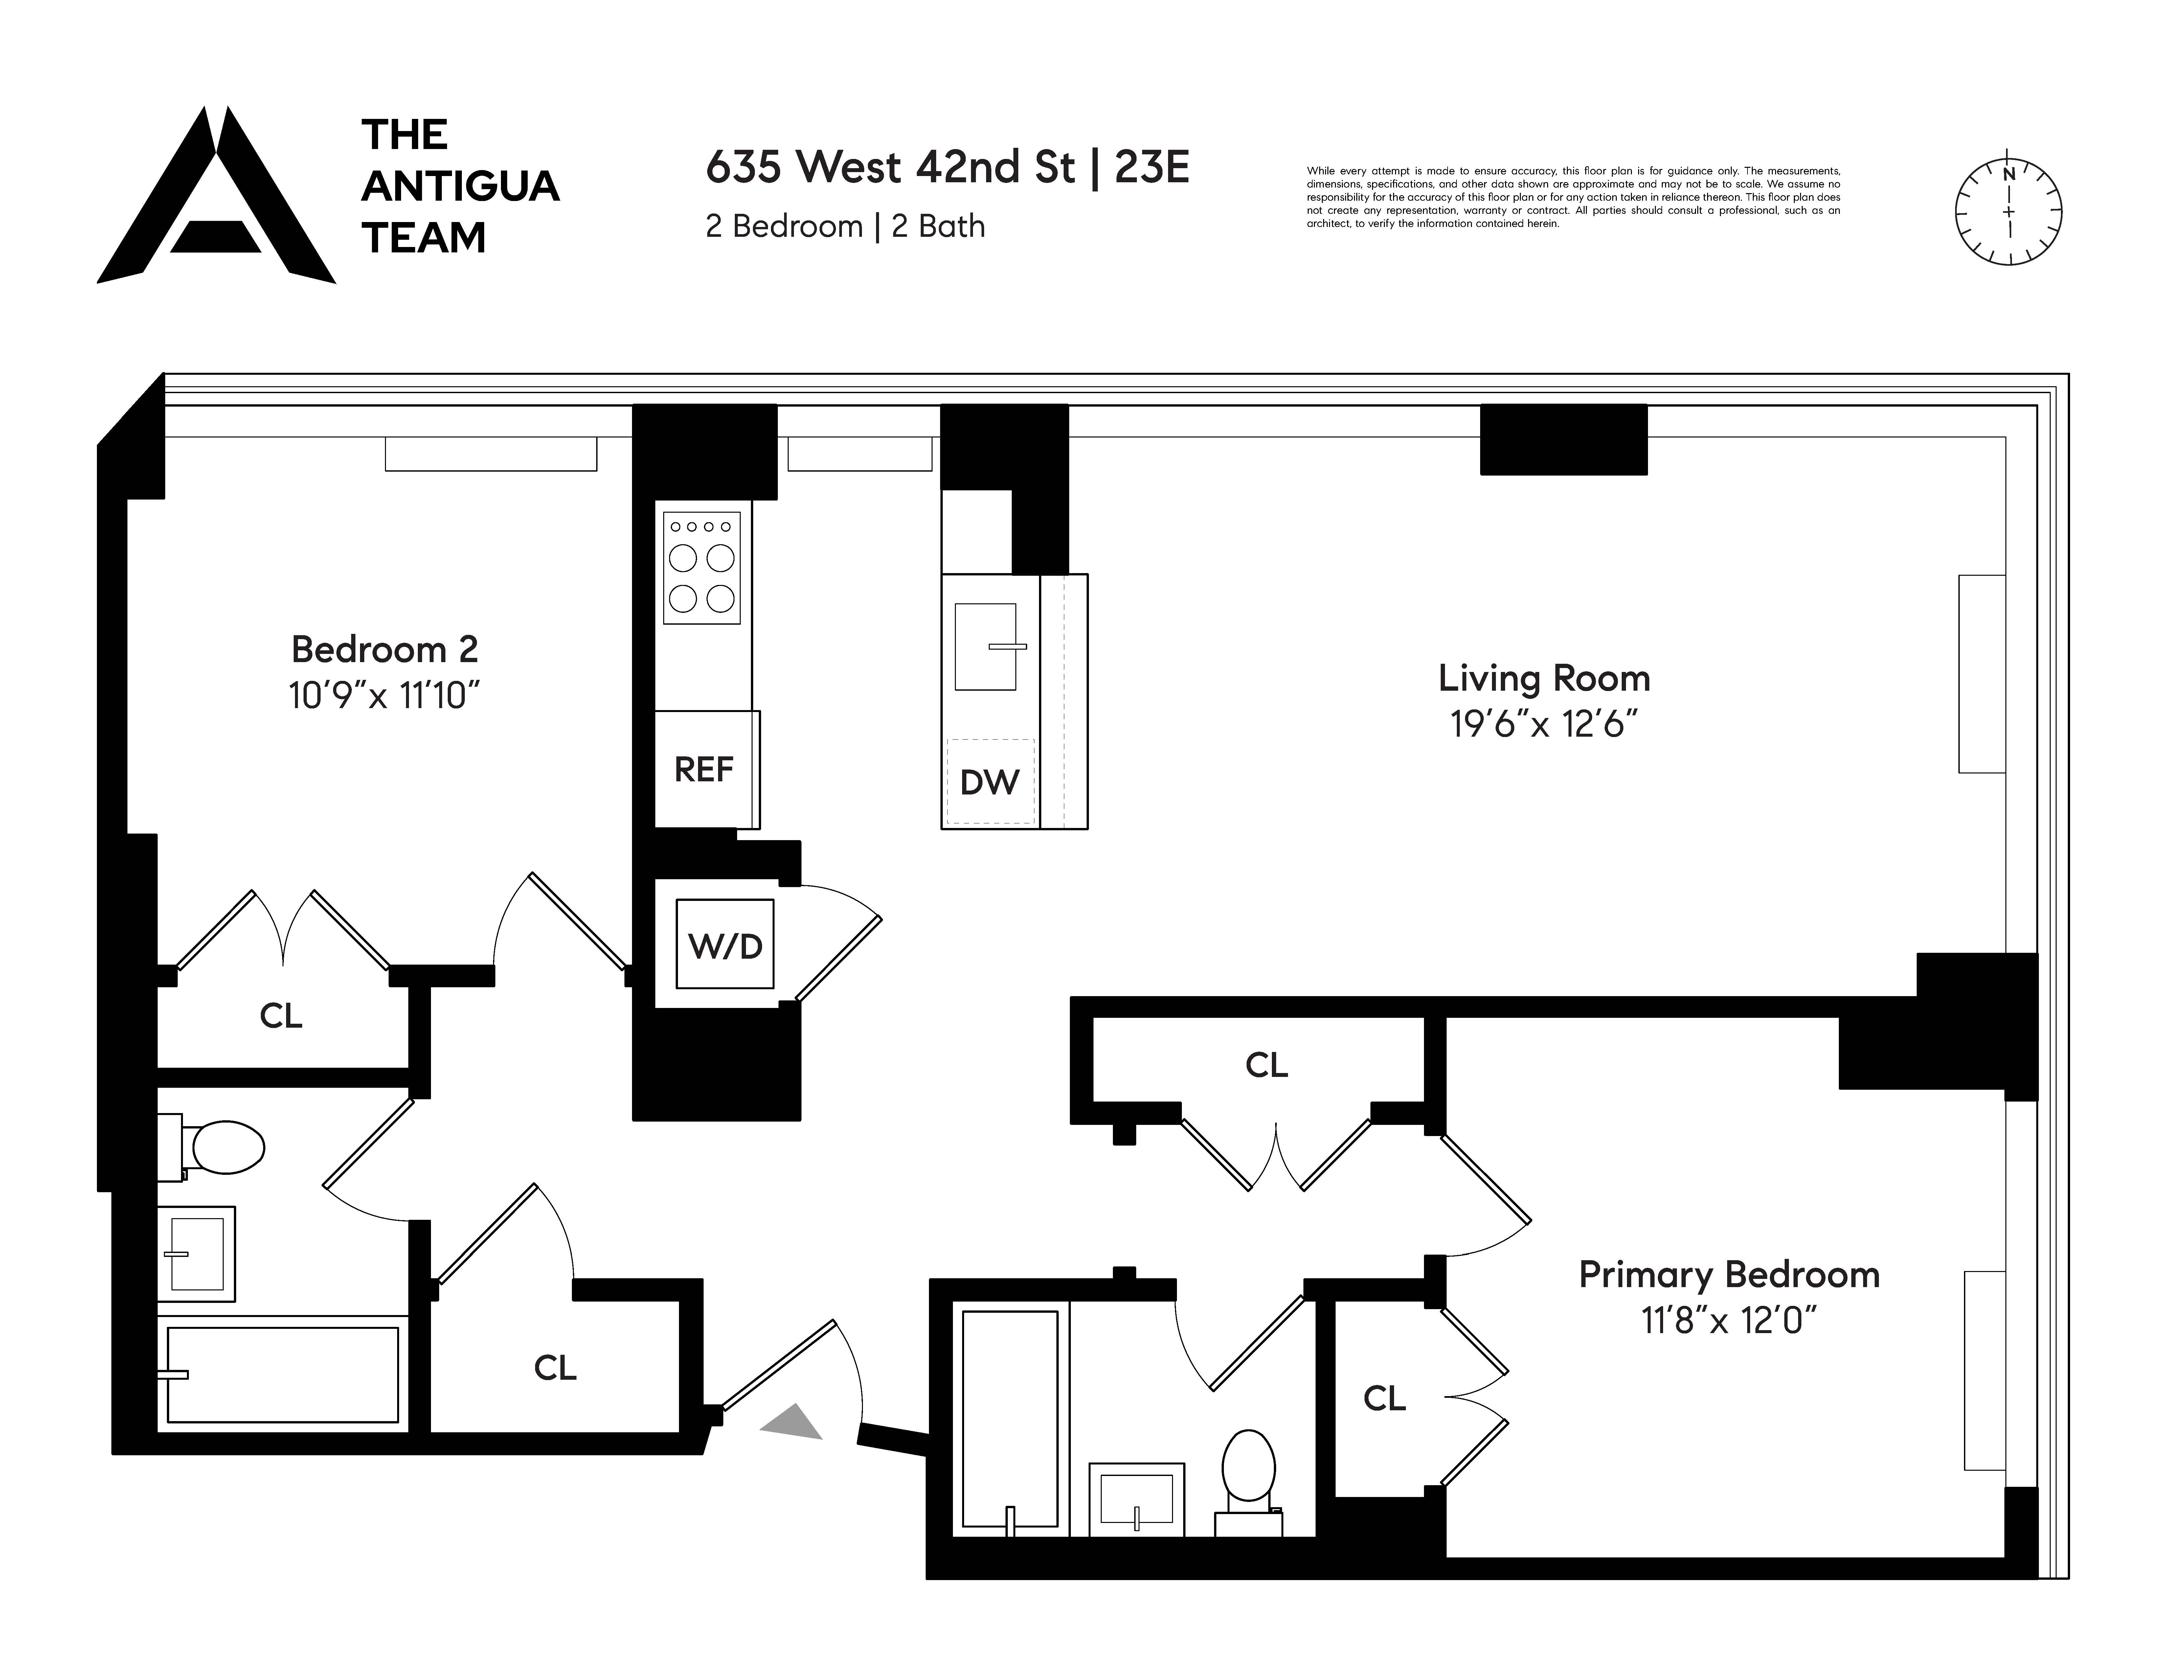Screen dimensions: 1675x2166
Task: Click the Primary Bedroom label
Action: coord(1729,1274)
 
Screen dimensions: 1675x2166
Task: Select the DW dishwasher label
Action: coord(989,782)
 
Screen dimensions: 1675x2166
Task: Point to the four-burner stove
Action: coord(701,567)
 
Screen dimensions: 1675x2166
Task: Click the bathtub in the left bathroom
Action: coord(282,1374)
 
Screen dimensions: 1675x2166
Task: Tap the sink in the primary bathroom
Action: coord(1137,1498)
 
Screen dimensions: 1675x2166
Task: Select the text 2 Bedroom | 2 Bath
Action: coord(845,226)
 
